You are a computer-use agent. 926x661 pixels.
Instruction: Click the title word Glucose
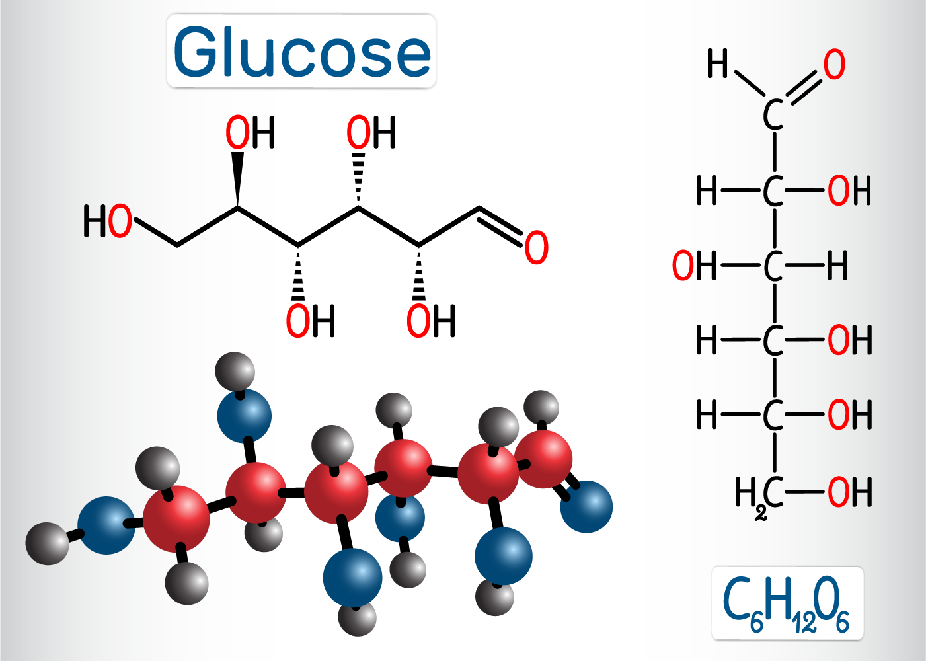(302, 52)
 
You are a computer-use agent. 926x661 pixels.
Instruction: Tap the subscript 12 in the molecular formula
(804, 623)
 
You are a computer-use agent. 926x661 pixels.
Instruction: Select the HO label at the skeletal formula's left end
(107, 221)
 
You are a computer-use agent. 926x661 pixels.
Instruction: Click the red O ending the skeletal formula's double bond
(537, 248)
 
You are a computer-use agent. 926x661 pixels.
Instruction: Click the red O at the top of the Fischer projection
(834, 65)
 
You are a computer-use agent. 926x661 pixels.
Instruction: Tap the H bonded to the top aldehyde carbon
(717, 64)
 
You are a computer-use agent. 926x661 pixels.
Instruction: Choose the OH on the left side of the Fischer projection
(693, 266)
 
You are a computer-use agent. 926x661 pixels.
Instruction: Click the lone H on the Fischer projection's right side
(837, 266)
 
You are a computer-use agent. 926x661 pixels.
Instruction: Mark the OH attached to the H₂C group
(849, 492)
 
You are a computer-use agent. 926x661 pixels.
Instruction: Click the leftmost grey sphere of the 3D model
(47, 543)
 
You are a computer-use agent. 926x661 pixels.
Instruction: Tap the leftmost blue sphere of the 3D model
(106, 525)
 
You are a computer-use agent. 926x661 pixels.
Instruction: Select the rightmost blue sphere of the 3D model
(586, 506)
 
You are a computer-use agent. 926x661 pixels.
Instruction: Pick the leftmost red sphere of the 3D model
(176, 518)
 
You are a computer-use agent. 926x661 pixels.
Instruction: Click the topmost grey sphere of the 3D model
(235, 371)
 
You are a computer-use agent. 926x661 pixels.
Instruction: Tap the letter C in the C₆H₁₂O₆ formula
(736, 600)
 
